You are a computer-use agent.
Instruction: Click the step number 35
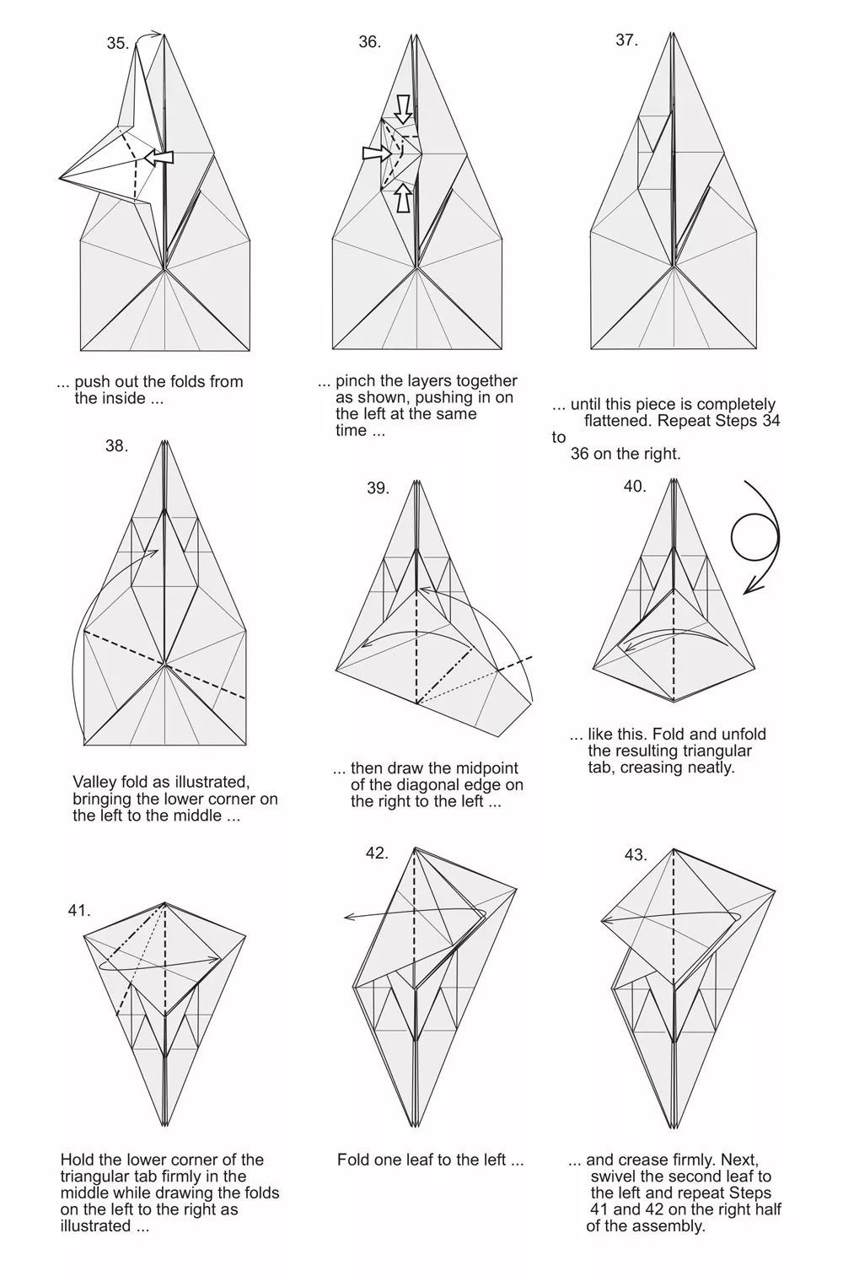tap(118, 44)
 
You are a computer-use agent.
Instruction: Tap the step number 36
tap(370, 42)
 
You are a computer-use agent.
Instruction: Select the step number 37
tap(627, 40)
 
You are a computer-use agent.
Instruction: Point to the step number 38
tap(116, 446)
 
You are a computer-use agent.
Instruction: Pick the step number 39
tap(379, 487)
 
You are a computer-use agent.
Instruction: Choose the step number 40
tap(635, 486)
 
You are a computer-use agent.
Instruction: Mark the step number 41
tap(79, 911)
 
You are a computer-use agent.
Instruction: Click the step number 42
tap(378, 854)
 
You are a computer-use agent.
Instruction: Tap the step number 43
tap(636, 855)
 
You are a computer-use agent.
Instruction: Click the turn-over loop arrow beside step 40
tap(779, 537)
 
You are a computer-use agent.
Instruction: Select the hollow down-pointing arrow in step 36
tap(405, 110)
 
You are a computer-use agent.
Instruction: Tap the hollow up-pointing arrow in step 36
tap(405, 198)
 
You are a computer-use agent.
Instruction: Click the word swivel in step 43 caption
tap(615, 1177)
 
